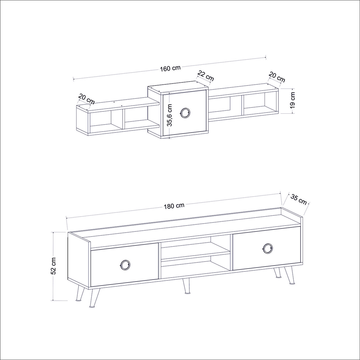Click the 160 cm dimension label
170,68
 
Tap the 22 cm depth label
205,76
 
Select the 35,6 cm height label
170,115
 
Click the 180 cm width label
174,206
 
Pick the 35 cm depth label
298,199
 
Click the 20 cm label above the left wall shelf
86,99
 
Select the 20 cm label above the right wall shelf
277,77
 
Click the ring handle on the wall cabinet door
185,113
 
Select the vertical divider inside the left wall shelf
123,119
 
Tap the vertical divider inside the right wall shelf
243,105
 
